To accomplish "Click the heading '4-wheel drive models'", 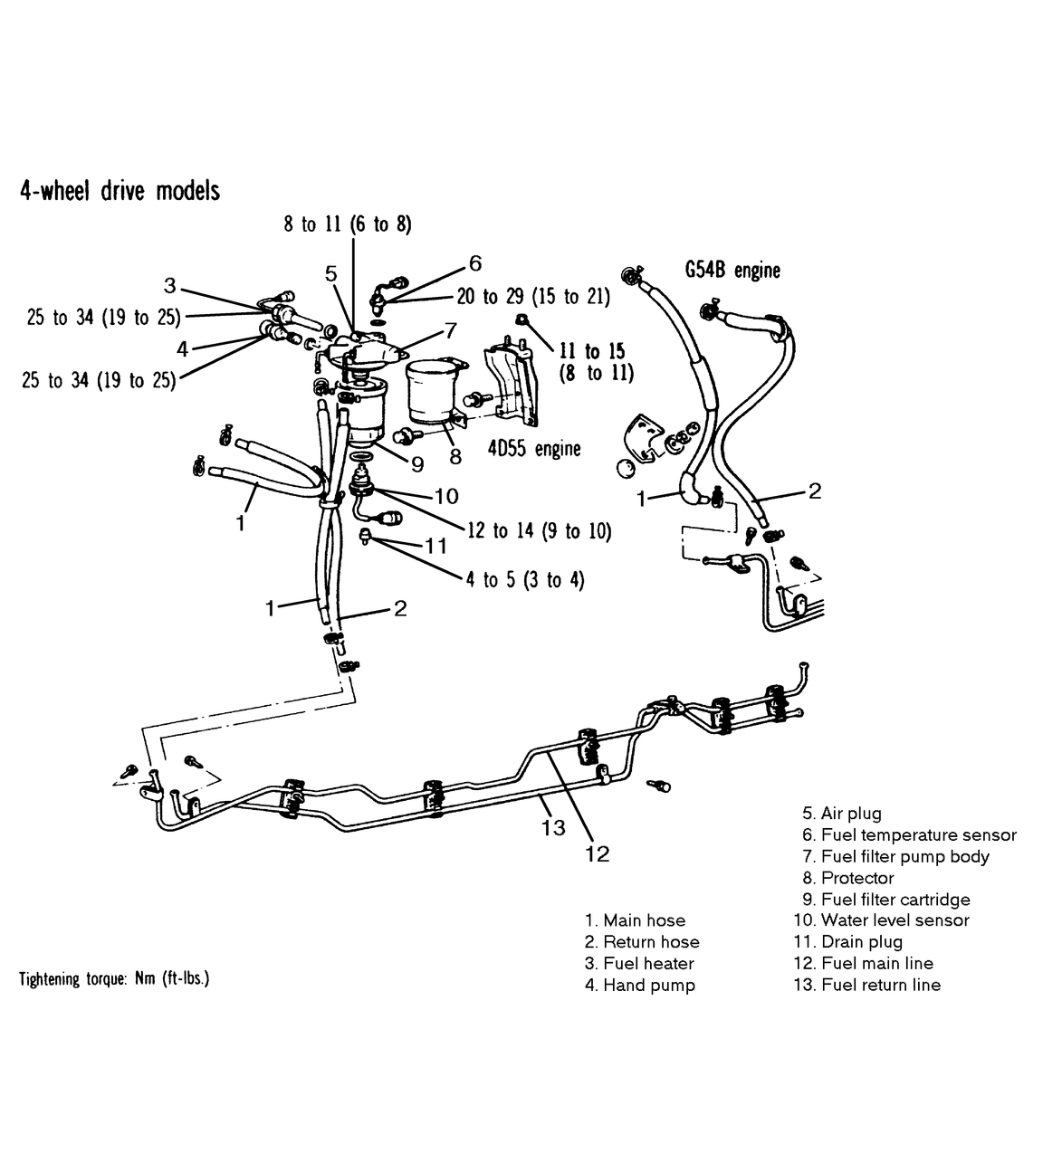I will click(x=120, y=191).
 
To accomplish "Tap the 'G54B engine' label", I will click(x=733, y=270).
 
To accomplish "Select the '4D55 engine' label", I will click(x=533, y=448).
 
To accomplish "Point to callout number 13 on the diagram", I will click(x=553, y=827).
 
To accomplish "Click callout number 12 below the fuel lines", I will click(x=598, y=853).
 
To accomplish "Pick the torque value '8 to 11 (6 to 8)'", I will click(x=348, y=224).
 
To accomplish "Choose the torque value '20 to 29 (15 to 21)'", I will click(x=533, y=296).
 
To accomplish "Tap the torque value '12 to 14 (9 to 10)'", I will click(x=539, y=531).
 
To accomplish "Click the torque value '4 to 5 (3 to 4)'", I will click(x=525, y=579).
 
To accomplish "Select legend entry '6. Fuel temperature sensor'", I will click(x=908, y=835).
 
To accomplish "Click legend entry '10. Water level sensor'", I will click(x=881, y=920).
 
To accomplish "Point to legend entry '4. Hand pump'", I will click(x=639, y=985).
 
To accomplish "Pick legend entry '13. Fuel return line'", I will click(x=866, y=985).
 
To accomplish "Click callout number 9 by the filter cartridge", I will click(x=416, y=464).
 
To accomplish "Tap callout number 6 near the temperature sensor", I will click(x=475, y=264).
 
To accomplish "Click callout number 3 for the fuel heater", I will click(x=169, y=286).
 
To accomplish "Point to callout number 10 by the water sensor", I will click(x=446, y=496).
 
